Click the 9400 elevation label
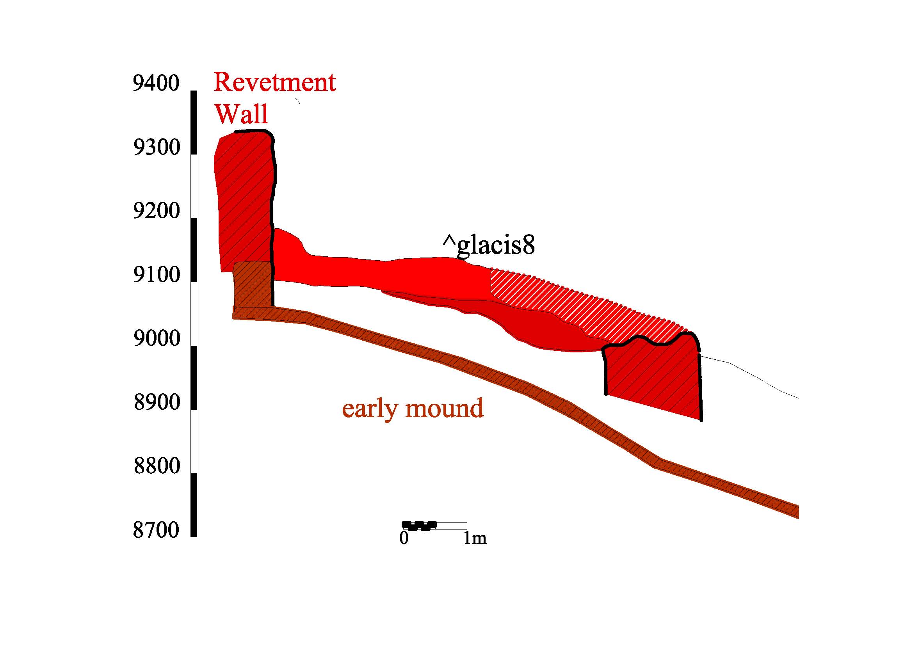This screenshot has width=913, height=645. [156, 84]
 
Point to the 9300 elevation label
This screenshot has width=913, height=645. [157, 147]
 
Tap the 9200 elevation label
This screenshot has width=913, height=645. [157, 211]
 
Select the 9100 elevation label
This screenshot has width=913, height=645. [157, 275]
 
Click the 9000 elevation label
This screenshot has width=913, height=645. [157, 339]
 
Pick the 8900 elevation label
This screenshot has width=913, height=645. [157, 403]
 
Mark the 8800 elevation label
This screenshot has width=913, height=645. [157, 466]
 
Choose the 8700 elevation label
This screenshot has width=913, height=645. [156, 530]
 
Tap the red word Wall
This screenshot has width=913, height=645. [242, 114]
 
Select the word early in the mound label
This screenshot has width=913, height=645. [369, 410]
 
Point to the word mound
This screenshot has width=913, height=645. [445, 408]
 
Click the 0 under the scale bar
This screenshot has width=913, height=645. [404, 538]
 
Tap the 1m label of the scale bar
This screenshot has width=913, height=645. [475, 538]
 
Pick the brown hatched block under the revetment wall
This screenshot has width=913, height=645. [253, 284]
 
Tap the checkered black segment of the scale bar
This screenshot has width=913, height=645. [419, 526]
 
